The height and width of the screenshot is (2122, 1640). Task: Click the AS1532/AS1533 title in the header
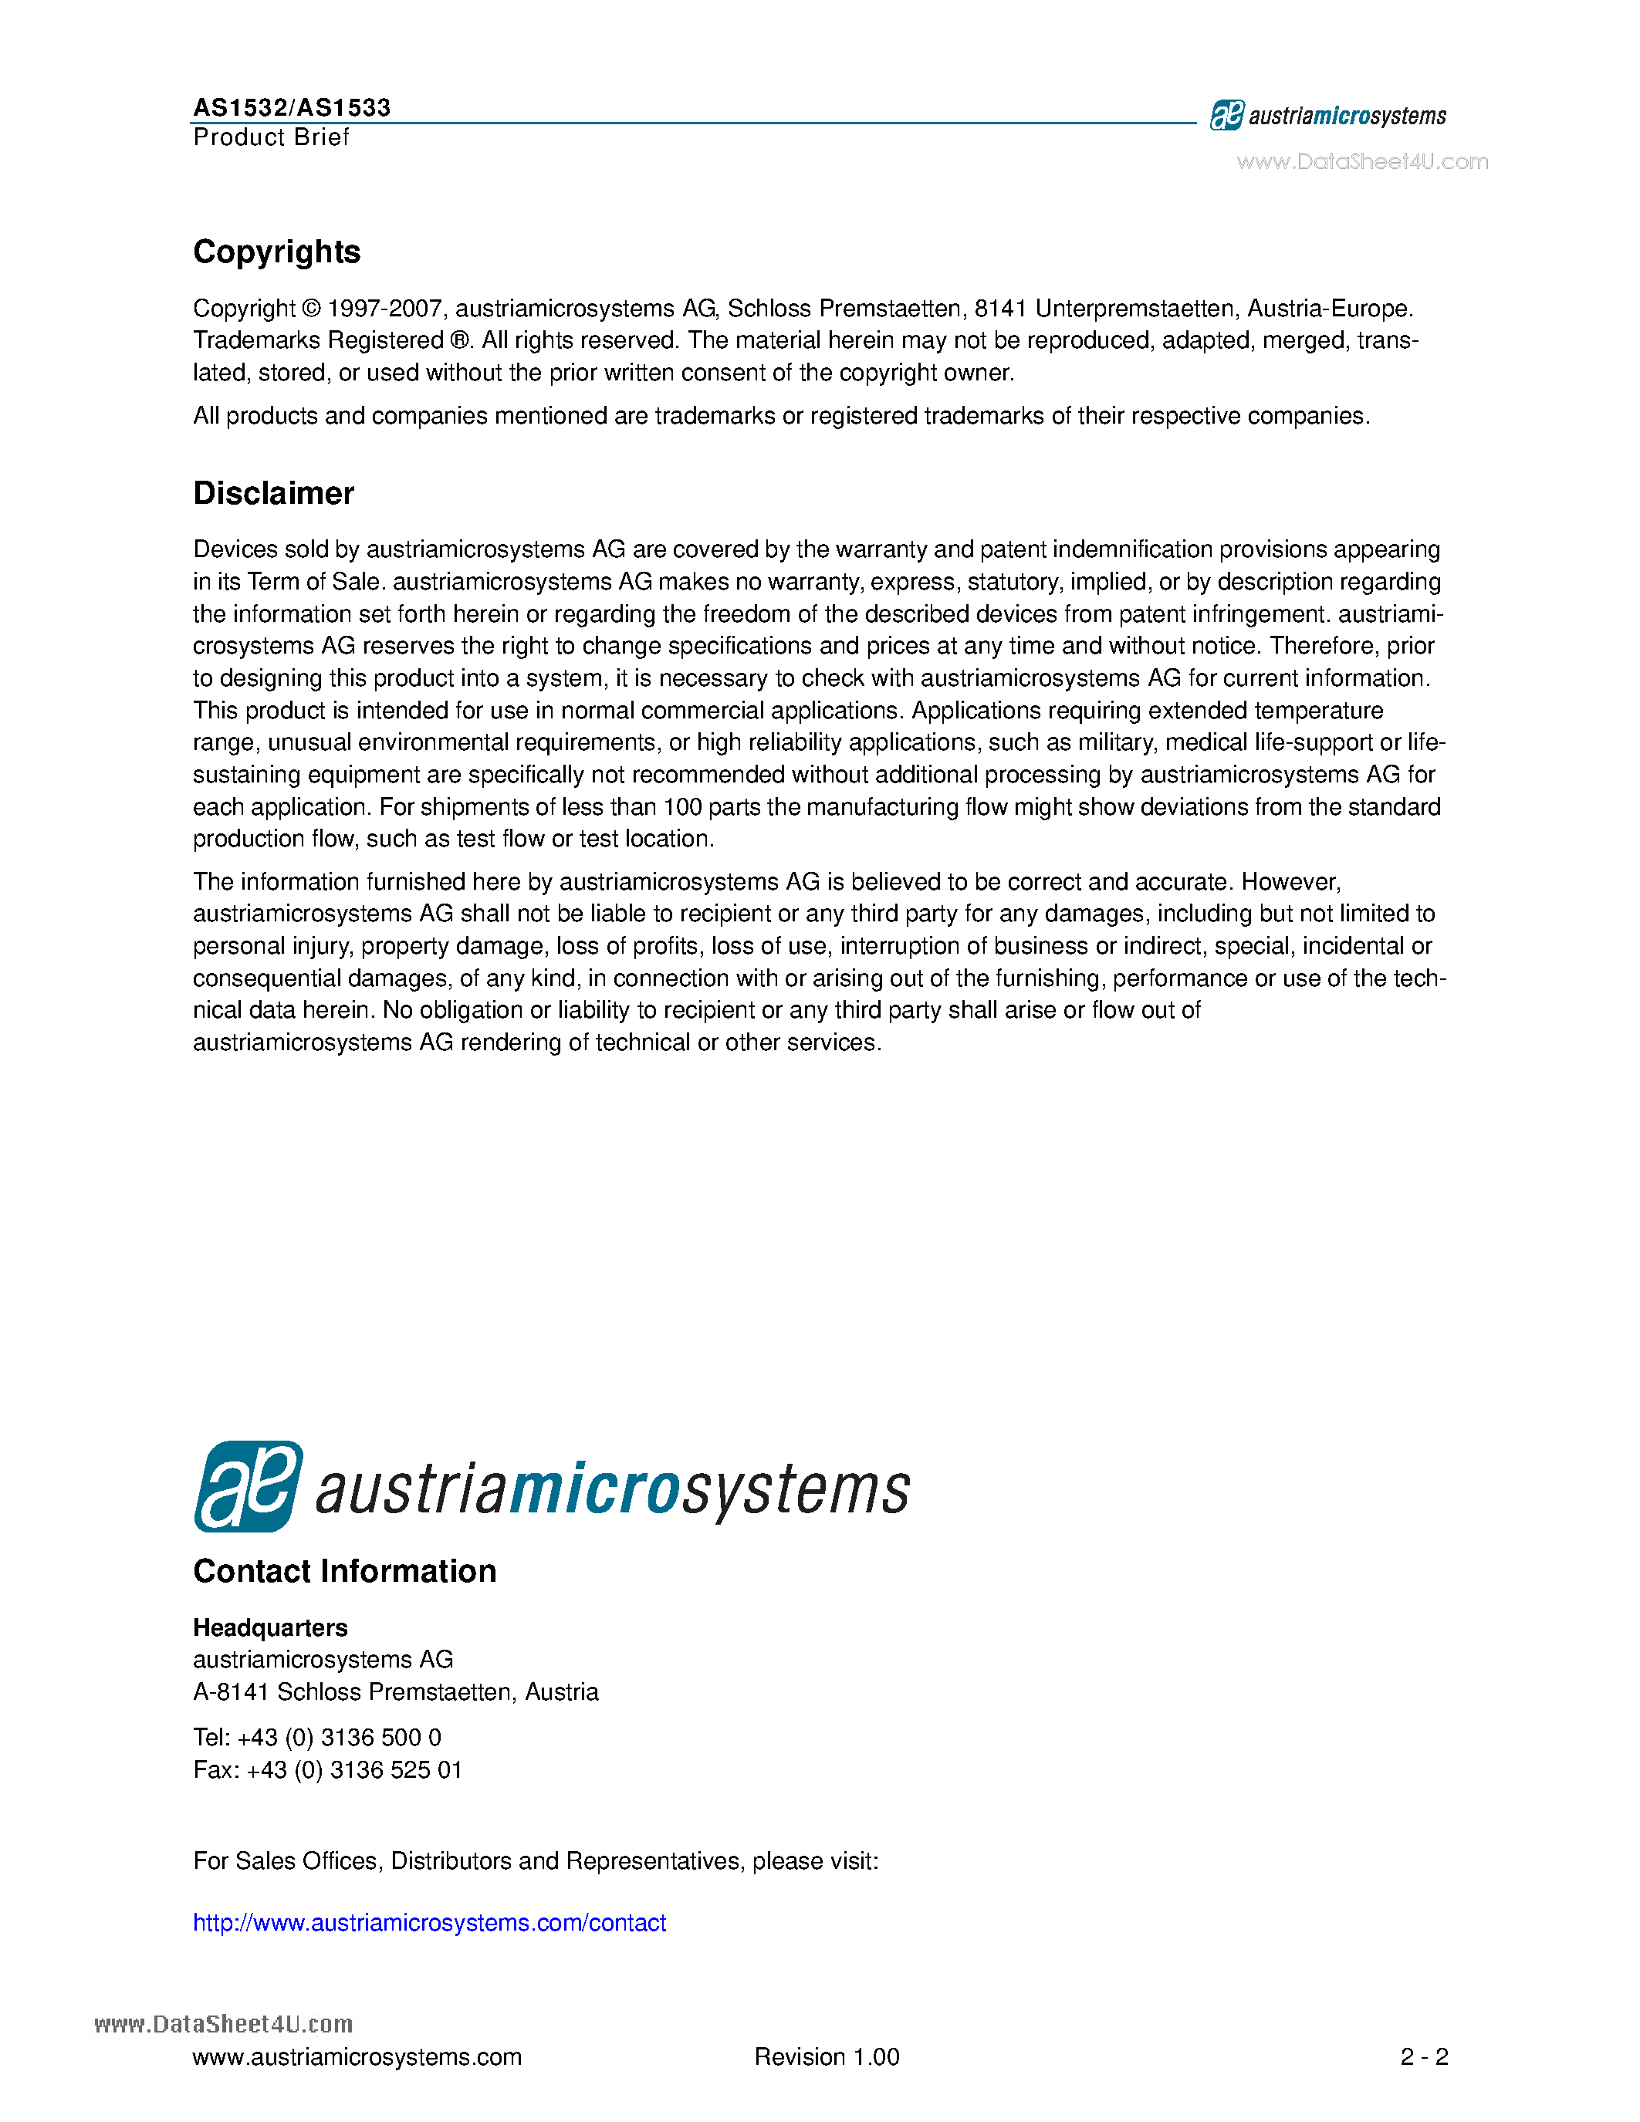click(x=292, y=107)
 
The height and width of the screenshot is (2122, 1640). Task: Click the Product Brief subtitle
click(x=271, y=137)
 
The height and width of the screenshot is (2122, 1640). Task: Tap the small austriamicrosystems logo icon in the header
click(x=1226, y=116)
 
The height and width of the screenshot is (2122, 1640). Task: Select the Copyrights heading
click(x=277, y=252)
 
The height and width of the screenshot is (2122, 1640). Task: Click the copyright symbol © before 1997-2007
click(x=311, y=309)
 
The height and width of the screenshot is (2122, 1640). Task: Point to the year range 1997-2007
click(x=386, y=309)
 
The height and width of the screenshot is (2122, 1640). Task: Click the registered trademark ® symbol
click(x=459, y=341)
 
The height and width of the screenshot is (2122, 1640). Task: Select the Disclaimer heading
click(x=273, y=494)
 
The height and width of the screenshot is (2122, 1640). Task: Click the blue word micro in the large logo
click(x=593, y=1488)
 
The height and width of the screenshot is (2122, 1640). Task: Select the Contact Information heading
click(x=344, y=1571)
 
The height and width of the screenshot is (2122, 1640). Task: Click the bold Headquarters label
click(x=270, y=1627)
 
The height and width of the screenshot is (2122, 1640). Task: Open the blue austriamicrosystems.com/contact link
click(x=429, y=1923)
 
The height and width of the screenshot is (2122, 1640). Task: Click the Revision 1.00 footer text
click(x=827, y=2057)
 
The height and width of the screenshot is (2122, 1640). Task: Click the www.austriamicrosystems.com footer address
click(x=357, y=2057)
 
